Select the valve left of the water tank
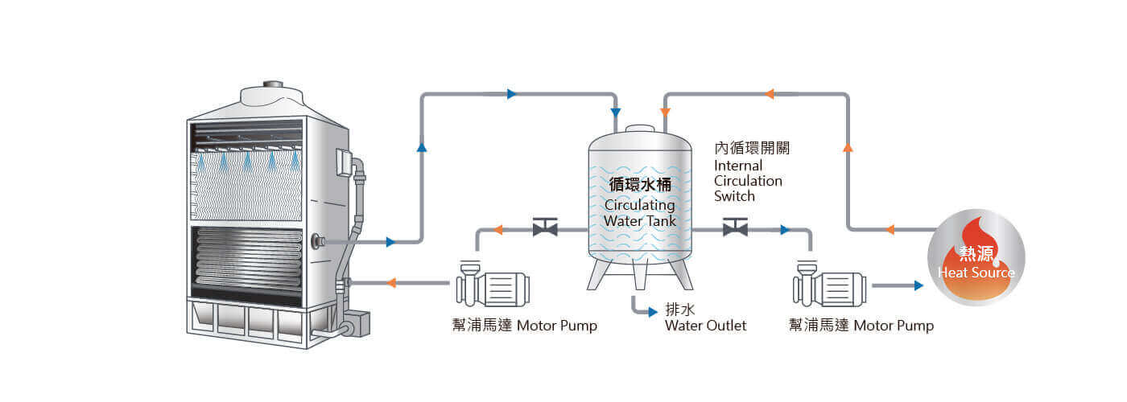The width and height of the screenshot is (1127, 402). point(544,229)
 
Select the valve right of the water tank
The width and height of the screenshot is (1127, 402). point(735,229)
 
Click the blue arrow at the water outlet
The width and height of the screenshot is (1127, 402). point(653,312)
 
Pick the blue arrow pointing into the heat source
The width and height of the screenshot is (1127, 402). point(918,285)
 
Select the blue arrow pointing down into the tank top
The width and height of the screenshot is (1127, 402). point(616,112)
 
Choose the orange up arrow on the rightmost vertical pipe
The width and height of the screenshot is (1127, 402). point(847,148)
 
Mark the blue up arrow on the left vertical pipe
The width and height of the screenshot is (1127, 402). point(421,147)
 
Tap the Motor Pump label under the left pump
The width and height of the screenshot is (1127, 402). point(524,326)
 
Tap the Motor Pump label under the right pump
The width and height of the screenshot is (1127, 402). point(861,326)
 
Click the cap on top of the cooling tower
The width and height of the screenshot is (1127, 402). point(273,84)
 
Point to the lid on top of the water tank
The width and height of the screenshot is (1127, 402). point(640,129)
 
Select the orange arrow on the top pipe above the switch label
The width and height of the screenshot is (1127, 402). point(770,94)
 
